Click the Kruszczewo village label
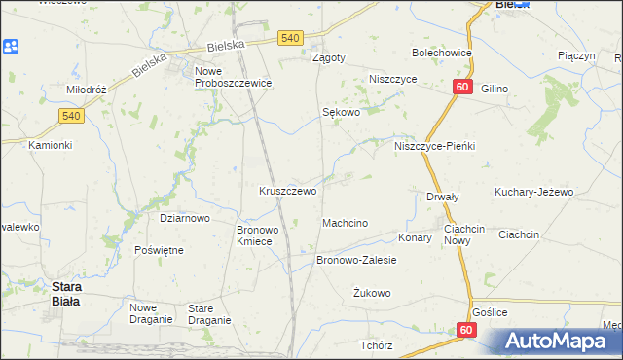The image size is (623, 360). (287, 191)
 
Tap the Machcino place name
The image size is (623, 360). (345, 224)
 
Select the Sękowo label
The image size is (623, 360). (342, 112)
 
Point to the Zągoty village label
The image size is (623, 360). (329, 57)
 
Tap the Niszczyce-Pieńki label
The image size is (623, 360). (434, 146)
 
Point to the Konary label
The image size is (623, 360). (415, 236)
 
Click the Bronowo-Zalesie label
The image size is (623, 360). (356, 261)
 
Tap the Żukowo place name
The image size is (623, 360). (372, 293)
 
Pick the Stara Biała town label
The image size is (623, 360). (66, 294)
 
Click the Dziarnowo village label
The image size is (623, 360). (185, 219)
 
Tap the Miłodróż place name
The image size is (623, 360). (86, 90)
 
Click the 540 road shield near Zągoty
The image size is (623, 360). (290, 37)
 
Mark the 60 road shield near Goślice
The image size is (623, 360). (465, 332)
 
